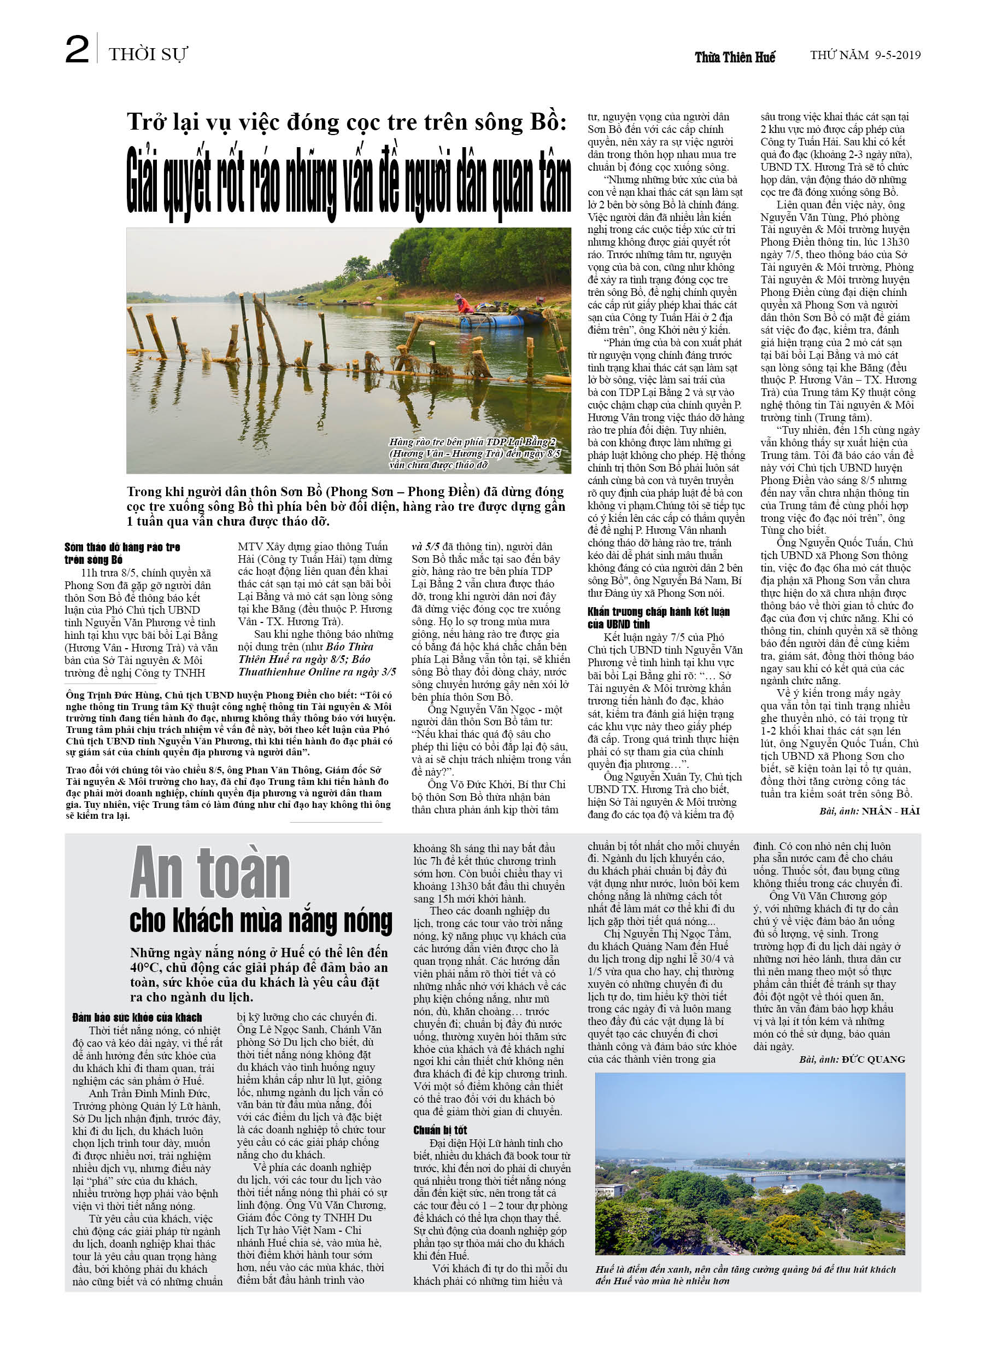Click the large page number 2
pos(77,50)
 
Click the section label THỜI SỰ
pos(148,55)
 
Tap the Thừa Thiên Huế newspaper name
pos(735,57)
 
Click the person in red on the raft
pos(463,303)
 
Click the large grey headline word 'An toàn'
pos(210,873)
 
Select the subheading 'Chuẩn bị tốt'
pos(439,1129)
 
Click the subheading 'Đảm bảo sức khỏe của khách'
pos(137,1017)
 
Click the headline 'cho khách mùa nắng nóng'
pos(261,922)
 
